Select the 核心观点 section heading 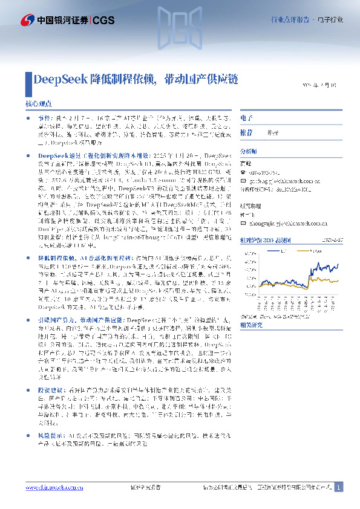pyautogui.click(x=38, y=104)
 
